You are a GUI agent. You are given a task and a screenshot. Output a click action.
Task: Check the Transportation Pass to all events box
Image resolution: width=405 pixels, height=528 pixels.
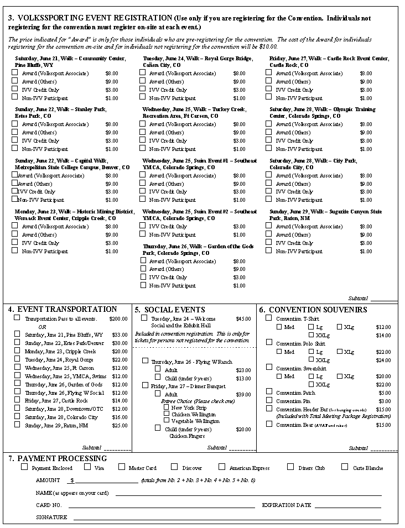[17, 318]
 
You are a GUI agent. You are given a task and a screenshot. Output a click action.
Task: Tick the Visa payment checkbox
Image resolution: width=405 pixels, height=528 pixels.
[87, 467]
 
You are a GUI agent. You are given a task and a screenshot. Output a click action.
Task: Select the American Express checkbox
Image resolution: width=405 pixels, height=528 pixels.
[222, 467]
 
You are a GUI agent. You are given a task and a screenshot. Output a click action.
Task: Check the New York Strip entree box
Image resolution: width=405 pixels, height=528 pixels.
[166, 407]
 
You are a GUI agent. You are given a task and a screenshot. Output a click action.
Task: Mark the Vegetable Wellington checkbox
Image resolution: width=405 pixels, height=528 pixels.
[166, 420]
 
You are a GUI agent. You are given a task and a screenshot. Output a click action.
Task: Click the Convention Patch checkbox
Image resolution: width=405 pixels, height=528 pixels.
[269, 392]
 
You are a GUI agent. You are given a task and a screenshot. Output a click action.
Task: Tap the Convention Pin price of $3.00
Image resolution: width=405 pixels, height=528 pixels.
[384, 401]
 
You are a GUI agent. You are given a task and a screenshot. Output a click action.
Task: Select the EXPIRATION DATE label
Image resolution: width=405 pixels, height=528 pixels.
[287, 505]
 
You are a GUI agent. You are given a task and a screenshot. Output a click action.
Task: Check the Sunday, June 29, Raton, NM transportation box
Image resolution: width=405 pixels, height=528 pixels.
[17, 425]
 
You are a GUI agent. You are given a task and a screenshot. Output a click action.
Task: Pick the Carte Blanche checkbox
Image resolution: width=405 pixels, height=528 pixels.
[345, 467]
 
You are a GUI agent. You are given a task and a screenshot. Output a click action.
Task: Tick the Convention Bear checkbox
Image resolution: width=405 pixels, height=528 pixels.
[269, 424]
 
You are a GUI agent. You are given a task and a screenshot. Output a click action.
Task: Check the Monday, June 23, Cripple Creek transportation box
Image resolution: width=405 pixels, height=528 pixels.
[17, 351]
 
